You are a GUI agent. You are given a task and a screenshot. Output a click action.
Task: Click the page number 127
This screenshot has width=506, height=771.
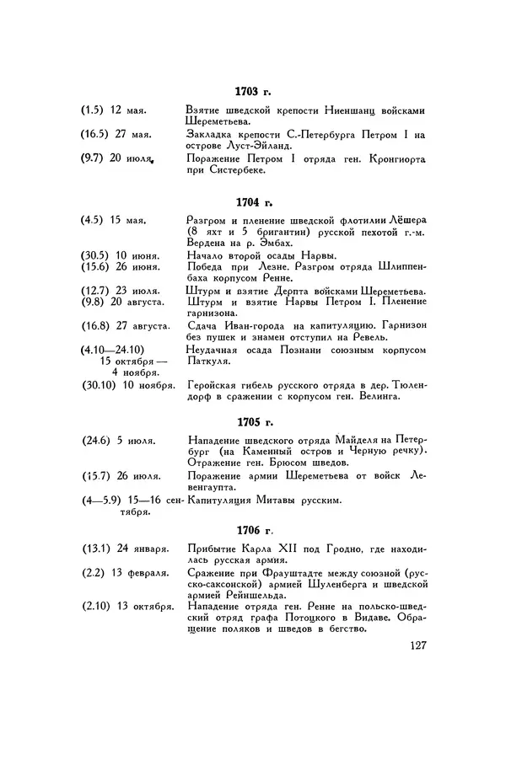pyautogui.click(x=414, y=646)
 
